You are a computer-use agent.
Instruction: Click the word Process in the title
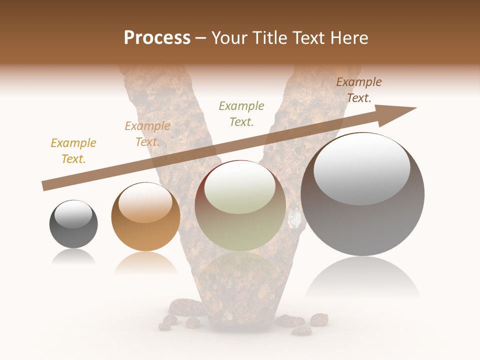click(x=157, y=38)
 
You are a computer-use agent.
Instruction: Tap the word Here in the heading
click(x=348, y=38)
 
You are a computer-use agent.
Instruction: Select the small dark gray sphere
click(x=73, y=232)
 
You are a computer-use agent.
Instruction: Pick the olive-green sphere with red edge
click(x=240, y=225)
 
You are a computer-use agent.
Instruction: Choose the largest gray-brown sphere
click(x=362, y=220)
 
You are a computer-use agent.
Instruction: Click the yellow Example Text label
click(x=73, y=151)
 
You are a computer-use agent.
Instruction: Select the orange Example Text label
click(x=147, y=134)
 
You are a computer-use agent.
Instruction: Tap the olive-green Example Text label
click(x=241, y=114)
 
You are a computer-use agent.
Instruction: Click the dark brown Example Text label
click(x=359, y=90)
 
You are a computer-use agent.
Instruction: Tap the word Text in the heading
click(x=307, y=38)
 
